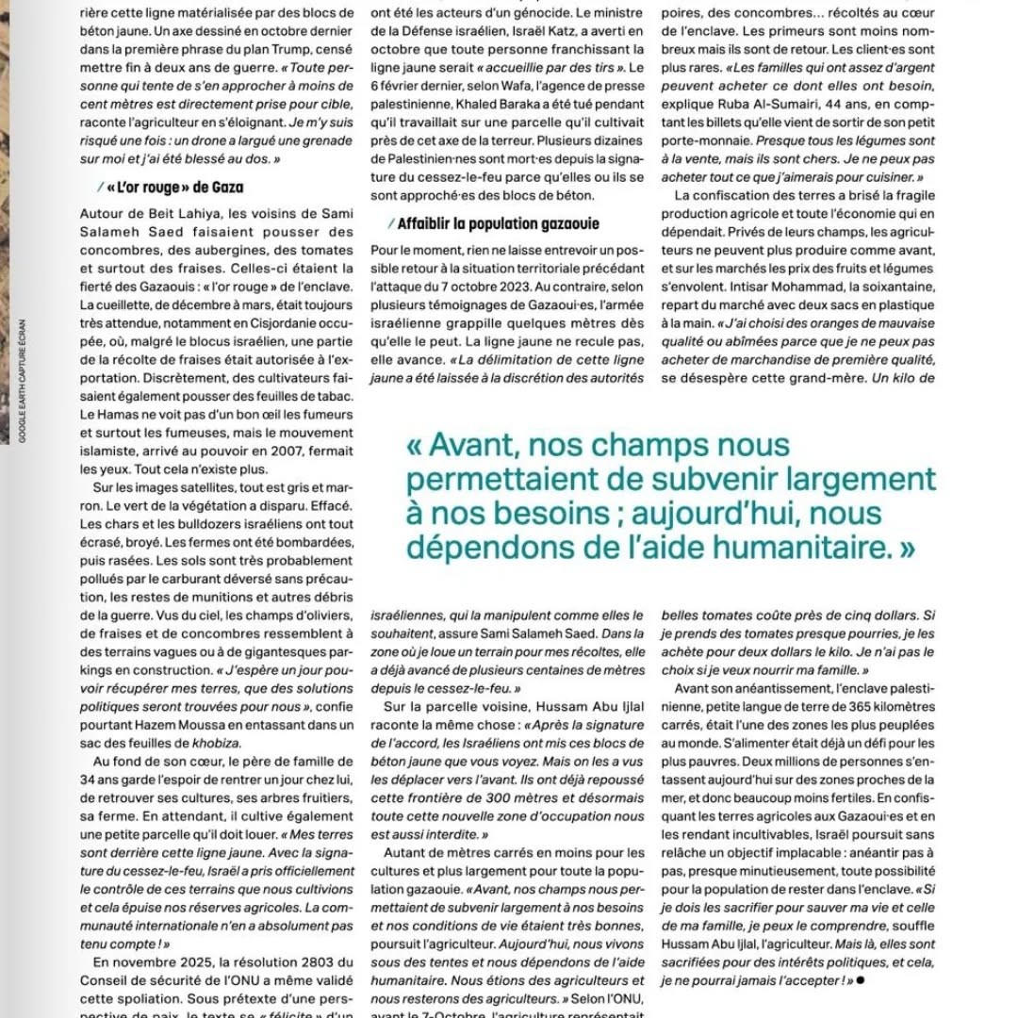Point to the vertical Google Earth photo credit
pyautogui.click(x=22, y=378)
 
